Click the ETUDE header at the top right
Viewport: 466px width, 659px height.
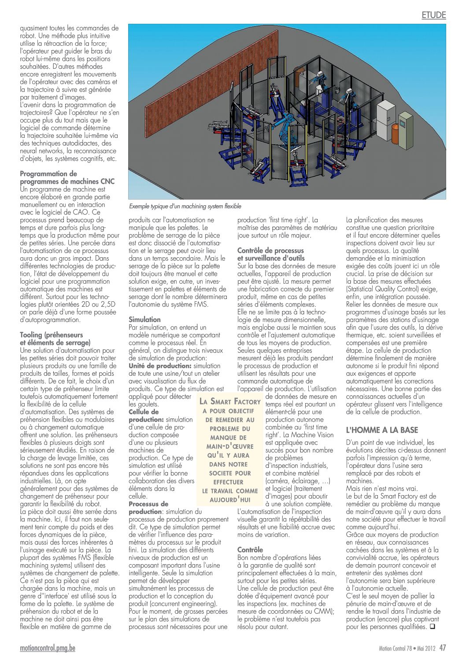(433, 15)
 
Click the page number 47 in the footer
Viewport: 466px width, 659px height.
(443, 648)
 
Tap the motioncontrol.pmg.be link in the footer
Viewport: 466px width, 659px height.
(48, 648)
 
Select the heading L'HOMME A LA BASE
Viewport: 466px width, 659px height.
(382, 430)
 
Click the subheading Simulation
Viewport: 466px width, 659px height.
(144, 319)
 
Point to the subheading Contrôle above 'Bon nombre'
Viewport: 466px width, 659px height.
(250, 550)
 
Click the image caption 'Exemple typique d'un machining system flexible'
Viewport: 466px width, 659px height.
(185, 206)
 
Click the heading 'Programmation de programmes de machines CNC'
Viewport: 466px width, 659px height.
(67, 178)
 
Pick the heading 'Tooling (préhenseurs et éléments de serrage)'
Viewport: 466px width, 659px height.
(55, 339)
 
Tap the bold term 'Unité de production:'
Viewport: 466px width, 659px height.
(160, 366)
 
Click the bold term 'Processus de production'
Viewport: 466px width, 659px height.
(148, 507)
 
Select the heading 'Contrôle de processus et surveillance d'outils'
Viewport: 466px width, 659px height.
(271, 254)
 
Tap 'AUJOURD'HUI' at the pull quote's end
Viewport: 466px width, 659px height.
(230, 500)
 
